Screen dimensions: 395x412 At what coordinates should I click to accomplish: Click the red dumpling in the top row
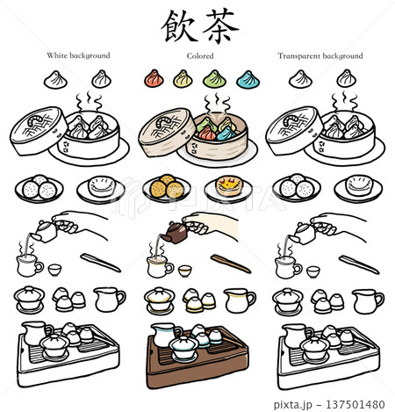pyautogui.click(x=154, y=79)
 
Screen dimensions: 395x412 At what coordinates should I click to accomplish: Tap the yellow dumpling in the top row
pyautogui.click(x=183, y=79)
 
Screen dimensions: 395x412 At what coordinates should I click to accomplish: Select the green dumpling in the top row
pyautogui.click(x=214, y=79)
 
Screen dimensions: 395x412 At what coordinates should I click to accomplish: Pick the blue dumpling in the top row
pyautogui.click(x=248, y=79)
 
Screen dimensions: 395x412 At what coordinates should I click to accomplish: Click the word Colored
pyautogui.click(x=200, y=56)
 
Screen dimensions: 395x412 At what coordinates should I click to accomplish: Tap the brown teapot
pyautogui.click(x=175, y=233)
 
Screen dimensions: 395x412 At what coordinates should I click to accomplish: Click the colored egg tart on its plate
pyautogui.click(x=228, y=186)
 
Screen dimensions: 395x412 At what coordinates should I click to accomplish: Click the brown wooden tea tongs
pyautogui.click(x=231, y=264)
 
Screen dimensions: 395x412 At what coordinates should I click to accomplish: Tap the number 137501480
pyautogui.click(x=355, y=404)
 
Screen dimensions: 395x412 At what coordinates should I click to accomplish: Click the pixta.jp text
pyautogui.click(x=293, y=405)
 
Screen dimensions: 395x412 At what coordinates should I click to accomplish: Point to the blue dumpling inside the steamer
pyautogui.click(x=226, y=134)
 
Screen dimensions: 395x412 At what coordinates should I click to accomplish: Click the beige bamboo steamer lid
pyautogui.click(x=167, y=132)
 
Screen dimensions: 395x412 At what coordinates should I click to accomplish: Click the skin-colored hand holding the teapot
pyautogui.click(x=210, y=225)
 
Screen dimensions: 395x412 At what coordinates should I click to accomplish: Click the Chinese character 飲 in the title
pyautogui.click(x=178, y=26)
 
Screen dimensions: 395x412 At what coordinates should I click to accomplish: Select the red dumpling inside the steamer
pyautogui.click(x=207, y=134)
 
